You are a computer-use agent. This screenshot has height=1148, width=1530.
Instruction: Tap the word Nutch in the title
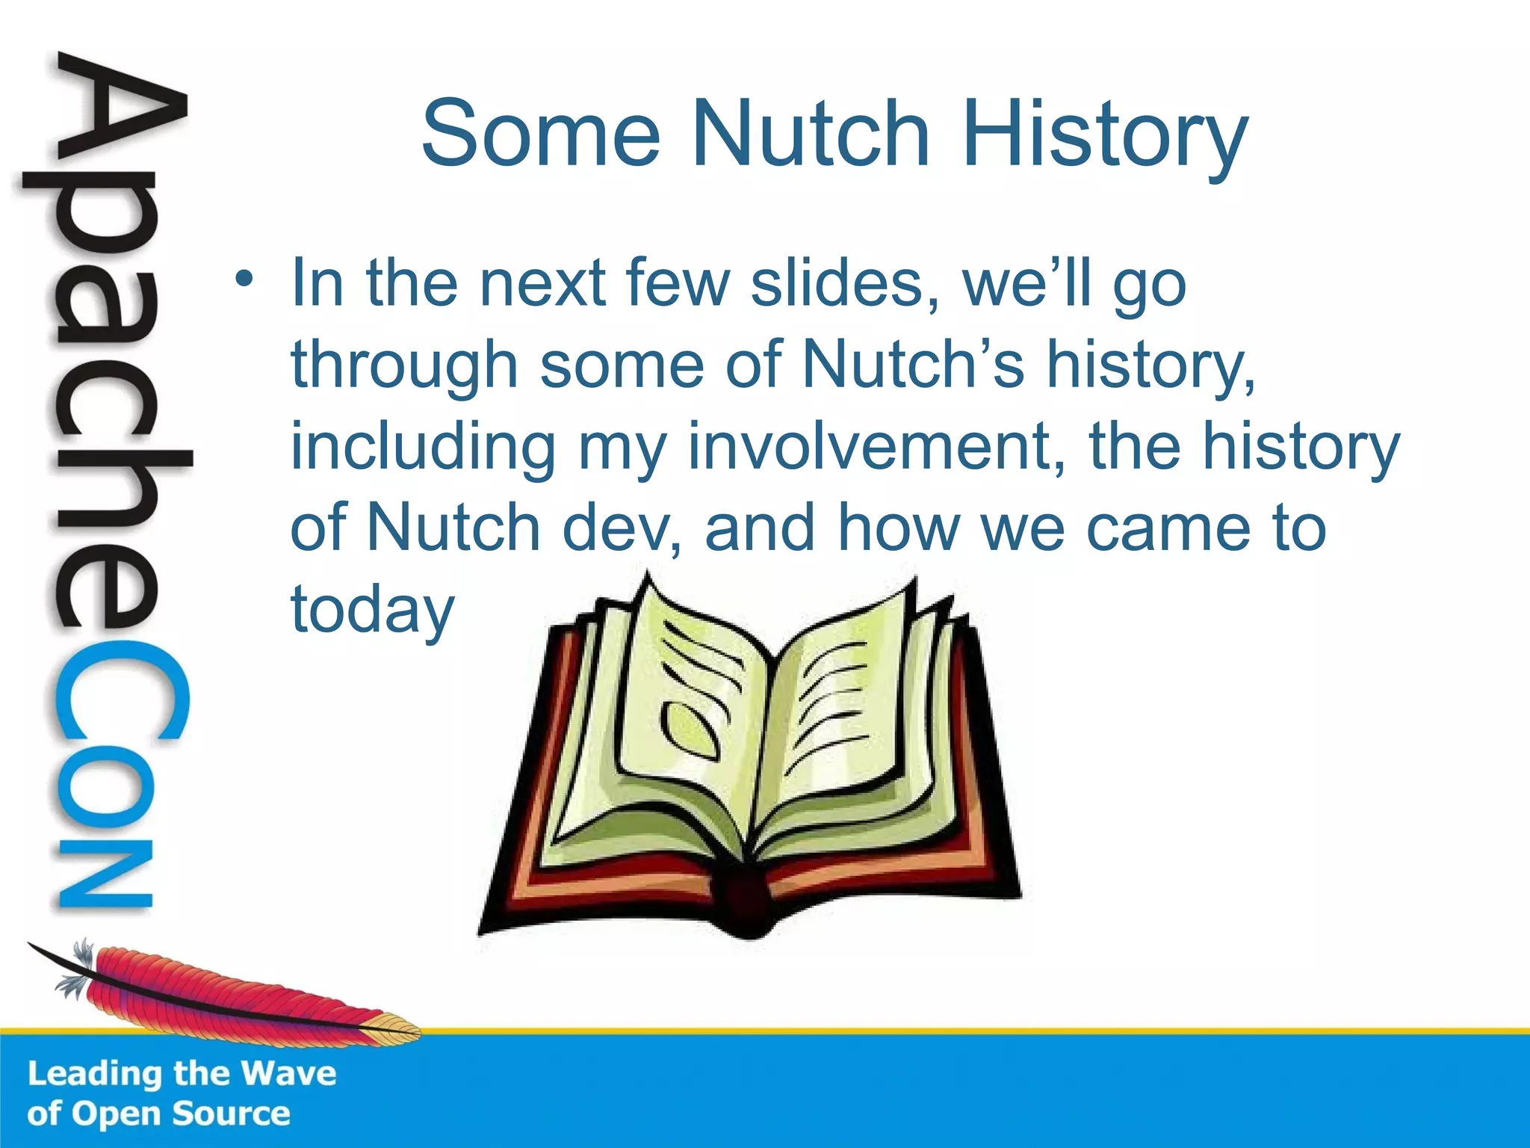811,135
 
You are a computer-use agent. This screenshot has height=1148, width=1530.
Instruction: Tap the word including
423,447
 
